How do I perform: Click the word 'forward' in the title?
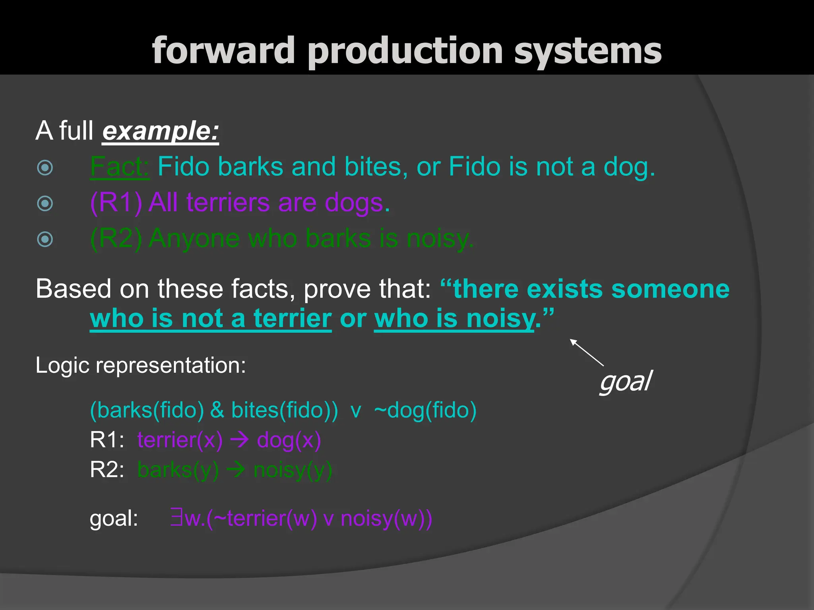[x=223, y=50]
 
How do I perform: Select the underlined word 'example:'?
[x=161, y=131]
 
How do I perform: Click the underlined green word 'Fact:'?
[x=120, y=166]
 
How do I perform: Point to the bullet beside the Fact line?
[x=45, y=168]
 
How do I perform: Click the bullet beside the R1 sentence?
[x=45, y=203]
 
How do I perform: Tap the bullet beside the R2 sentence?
[x=45, y=239]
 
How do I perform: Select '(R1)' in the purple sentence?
[x=116, y=203]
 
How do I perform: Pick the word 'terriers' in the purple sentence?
[x=228, y=203]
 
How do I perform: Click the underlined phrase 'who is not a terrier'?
[x=211, y=319]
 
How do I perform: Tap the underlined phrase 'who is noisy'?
[x=454, y=319]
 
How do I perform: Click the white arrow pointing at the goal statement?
[x=587, y=352]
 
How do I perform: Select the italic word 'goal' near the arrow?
[x=625, y=382]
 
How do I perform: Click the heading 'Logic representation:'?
[x=141, y=365]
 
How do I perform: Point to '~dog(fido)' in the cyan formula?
[x=425, y=410]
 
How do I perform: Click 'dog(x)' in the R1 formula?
[x=289, y=440]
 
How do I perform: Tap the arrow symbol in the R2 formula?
[x=236, y=470]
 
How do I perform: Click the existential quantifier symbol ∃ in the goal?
[x=176, y=518]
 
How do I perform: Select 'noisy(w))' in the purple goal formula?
[x=386, y=518]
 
